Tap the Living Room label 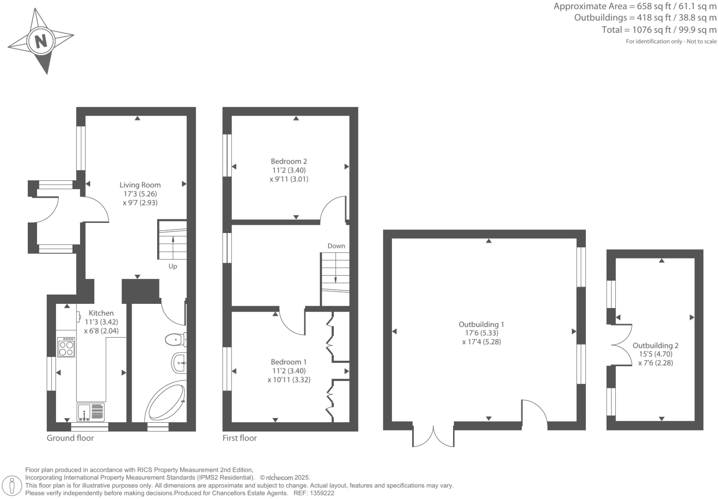point(140,185)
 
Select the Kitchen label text point(101,313)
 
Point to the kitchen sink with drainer point(91,412)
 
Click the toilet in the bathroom point(175,340)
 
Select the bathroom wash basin point(179,363)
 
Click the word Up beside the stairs point(172,266)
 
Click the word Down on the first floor point(336,246)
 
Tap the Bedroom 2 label point(288,161)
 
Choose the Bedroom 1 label point(288,362)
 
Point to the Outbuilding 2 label point(655,345)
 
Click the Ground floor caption point(70,438)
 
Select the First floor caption point(239,438)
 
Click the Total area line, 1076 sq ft point(659,30)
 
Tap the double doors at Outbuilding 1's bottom point(433,437)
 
